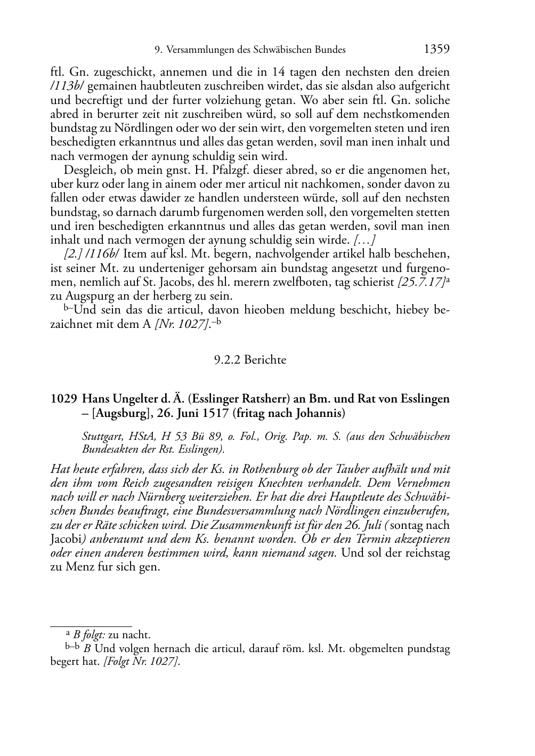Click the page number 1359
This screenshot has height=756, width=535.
point(437,50)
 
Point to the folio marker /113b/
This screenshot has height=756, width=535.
point(63,86)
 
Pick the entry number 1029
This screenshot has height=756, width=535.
point(62,399)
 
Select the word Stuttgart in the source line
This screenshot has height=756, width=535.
point(101,437)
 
